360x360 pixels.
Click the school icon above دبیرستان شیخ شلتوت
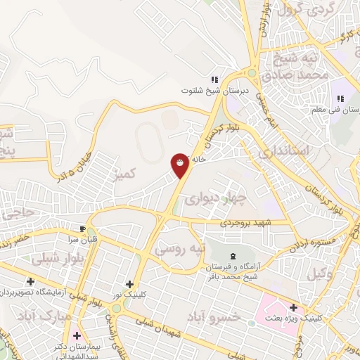(215, 79)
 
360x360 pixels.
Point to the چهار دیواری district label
(208, 198)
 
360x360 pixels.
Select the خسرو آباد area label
(214, 316)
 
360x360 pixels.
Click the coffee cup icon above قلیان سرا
(82, 229)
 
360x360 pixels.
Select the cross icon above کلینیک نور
(130, 283)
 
